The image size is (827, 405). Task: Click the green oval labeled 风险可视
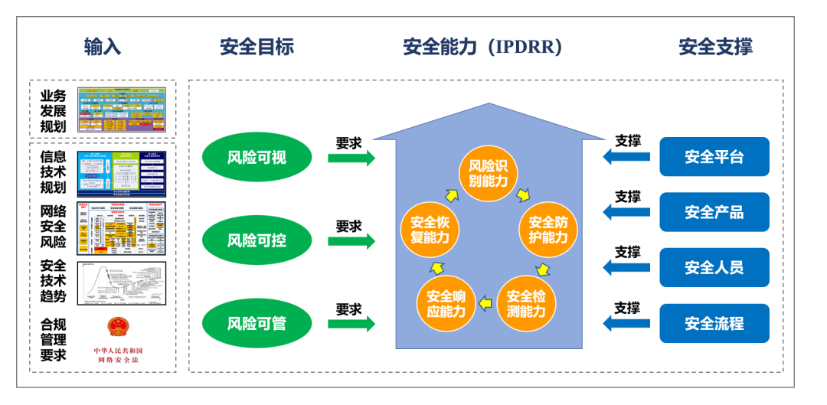pos(257,158)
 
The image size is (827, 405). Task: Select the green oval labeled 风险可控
pos(257,240)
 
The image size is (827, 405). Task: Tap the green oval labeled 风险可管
pos(257,323)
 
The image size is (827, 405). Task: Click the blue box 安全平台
pos(714,157)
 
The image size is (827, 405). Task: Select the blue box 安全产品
pos(714,212)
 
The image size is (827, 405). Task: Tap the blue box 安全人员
pos(714,267)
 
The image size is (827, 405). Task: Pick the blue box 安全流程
pos(714,323)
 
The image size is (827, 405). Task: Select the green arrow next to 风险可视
pos(351,158)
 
